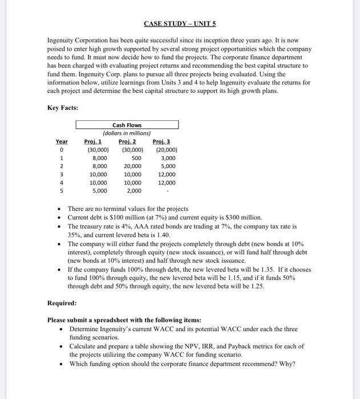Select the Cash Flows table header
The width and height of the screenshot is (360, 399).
[x=127, y=125]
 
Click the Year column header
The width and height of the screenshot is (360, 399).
[x=62, y=141]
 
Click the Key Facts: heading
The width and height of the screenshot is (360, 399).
[x=63, y=107]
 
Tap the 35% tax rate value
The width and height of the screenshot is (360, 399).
[x=75, y=234]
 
